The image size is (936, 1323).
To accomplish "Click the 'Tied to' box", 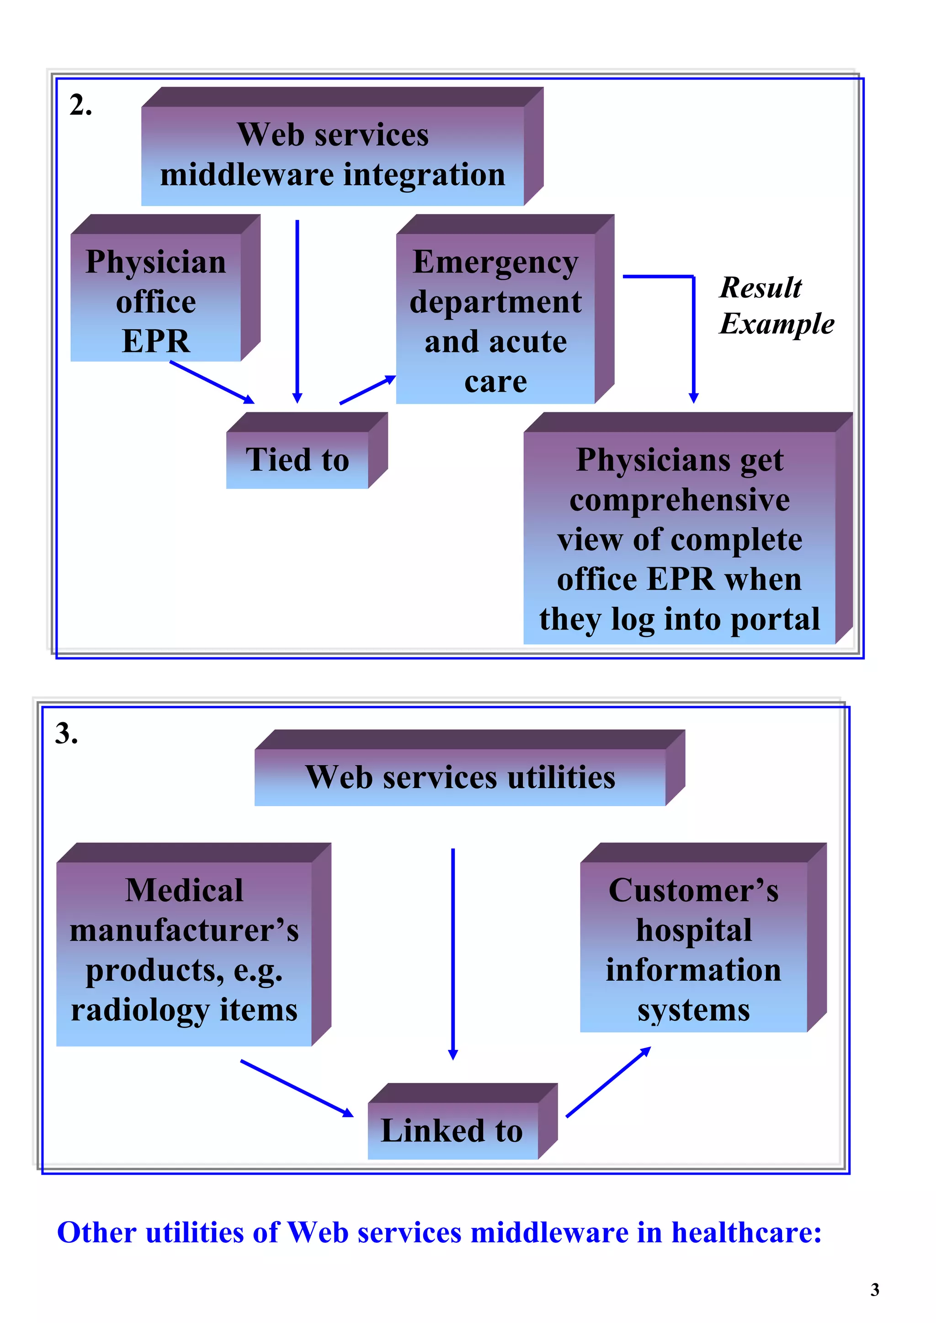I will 297,460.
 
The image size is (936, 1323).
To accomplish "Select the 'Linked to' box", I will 452,1130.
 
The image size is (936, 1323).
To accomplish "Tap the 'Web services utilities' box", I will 460,777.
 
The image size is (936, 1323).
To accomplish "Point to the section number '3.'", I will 66,734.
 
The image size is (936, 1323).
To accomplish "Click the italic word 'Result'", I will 760,287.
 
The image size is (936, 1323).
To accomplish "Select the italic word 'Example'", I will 776,323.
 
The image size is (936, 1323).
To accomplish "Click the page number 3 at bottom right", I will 874,1290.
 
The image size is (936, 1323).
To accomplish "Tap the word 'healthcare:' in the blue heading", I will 746,1233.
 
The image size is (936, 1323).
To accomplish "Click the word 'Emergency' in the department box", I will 495,262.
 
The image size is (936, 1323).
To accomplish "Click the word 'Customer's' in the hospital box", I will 693,890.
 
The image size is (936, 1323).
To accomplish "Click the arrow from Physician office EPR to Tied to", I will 212,382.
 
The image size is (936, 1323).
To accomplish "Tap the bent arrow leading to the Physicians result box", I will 693,334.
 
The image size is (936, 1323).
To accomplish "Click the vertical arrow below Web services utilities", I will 453,951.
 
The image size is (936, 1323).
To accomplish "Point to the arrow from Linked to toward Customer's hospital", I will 608,1081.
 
